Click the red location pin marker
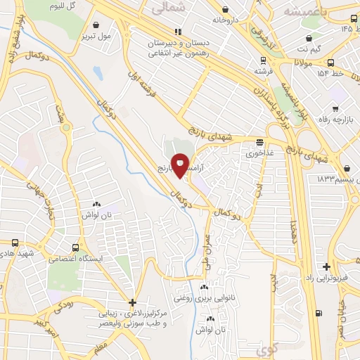click(x=180, y=165)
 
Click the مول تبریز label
click(x=96, y=35)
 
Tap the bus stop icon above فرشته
click(x=262, y=60)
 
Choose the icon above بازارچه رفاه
click(x=335, y=109)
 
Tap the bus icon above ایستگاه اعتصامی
click(x=75, y=247)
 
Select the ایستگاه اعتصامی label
click(x=76, y=259)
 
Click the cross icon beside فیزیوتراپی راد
click(x=326, y=266)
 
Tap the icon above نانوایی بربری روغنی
click(x=205, y=288)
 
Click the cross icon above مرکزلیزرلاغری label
click(x=132, y=302)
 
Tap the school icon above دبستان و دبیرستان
click(x=179, y=31)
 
